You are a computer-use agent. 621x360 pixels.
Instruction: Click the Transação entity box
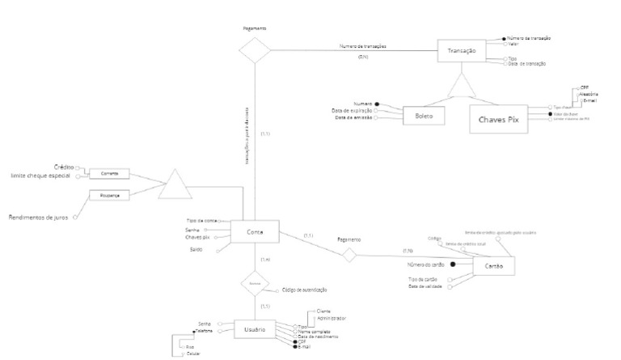click(x=462, y=51)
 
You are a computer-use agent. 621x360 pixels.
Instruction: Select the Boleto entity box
click(x=425, y=116)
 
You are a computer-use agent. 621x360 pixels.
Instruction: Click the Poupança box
click(x=109, y=195)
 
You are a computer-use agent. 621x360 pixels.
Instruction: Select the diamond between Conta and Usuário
click(x=255, y=285)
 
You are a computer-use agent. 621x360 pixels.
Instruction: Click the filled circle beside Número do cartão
click(x=453, y=265)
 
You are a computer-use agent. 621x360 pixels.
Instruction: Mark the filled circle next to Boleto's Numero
click(x=378, y=104)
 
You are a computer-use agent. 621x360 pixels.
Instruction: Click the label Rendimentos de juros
click(x=38, y=217)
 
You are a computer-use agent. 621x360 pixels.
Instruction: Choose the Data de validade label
click(x=425, y=286)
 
